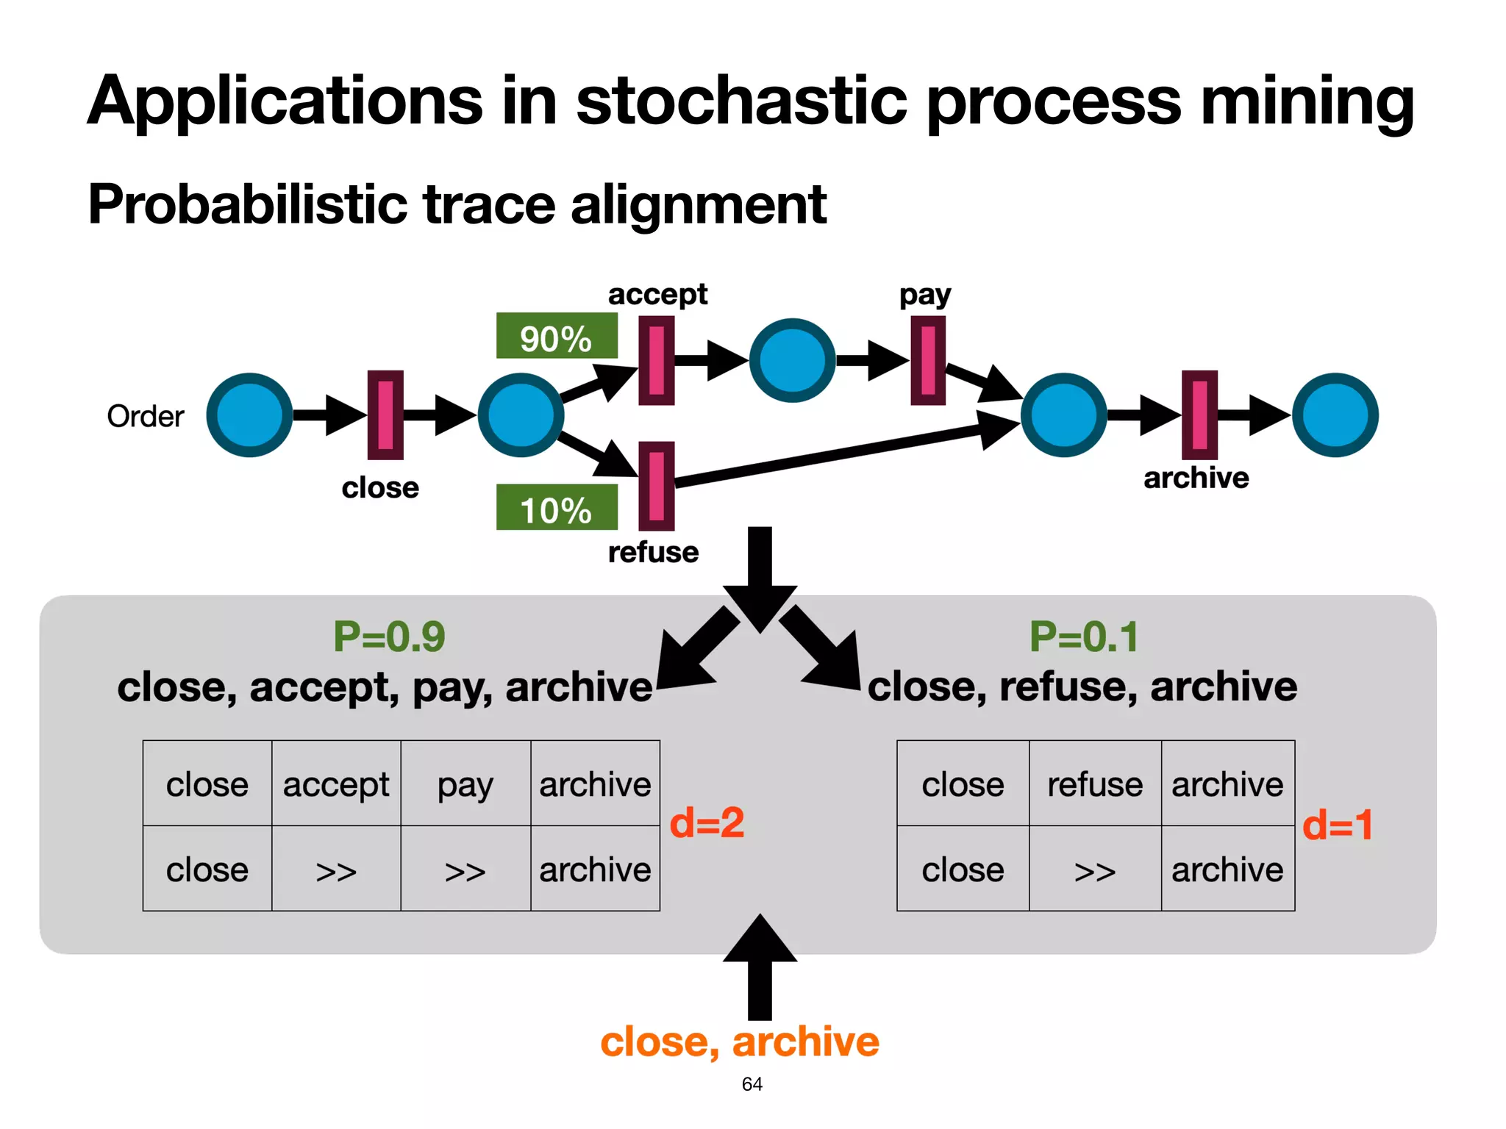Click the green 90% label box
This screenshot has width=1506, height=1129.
coord(557,337)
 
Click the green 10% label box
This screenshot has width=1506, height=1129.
coord(557,507)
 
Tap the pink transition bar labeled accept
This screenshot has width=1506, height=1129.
coord(657,360)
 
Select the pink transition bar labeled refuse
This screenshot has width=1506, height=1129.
coord(657,486)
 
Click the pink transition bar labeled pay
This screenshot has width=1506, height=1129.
coord(928,360)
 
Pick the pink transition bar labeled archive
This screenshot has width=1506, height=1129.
coord(1199,415)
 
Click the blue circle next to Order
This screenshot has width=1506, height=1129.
coord(250,415)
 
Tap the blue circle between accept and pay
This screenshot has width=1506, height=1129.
coord(792,360)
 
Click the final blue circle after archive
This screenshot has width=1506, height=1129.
coord(1335,415)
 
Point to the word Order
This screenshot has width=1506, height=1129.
coord(145,417)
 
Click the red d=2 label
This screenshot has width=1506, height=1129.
coord(707,822)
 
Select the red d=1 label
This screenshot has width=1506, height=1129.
coord(1337,825)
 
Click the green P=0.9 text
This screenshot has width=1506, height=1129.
coord(389,637)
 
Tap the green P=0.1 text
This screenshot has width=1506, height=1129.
coord(1083,637)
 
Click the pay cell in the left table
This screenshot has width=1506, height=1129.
coord(465,784)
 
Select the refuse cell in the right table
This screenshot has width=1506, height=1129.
coord(1095,784)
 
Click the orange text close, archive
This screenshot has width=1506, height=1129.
coord(739,1042)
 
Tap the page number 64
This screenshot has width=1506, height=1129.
coord(752,1084)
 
